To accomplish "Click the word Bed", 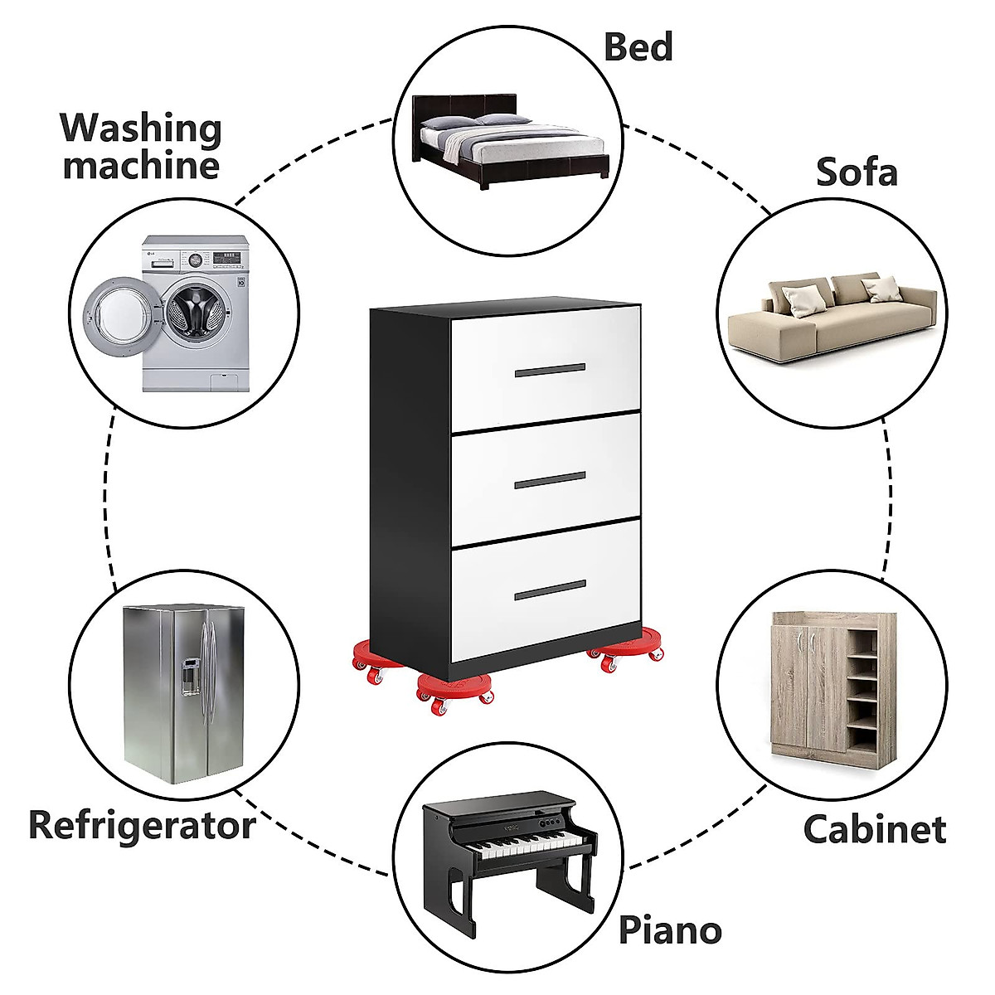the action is pos(638,47).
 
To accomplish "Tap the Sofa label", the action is pos(857,172).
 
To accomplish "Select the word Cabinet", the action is pos(874,829).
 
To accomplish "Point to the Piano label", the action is pos(670,930).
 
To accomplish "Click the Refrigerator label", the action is pos(142,826).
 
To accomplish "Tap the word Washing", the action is pos(141,129).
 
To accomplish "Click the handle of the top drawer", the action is pos(550,370).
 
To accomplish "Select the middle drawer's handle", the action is pos(550,479).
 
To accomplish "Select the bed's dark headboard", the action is pos(464,107).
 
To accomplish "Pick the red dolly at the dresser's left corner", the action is pos(365,660).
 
